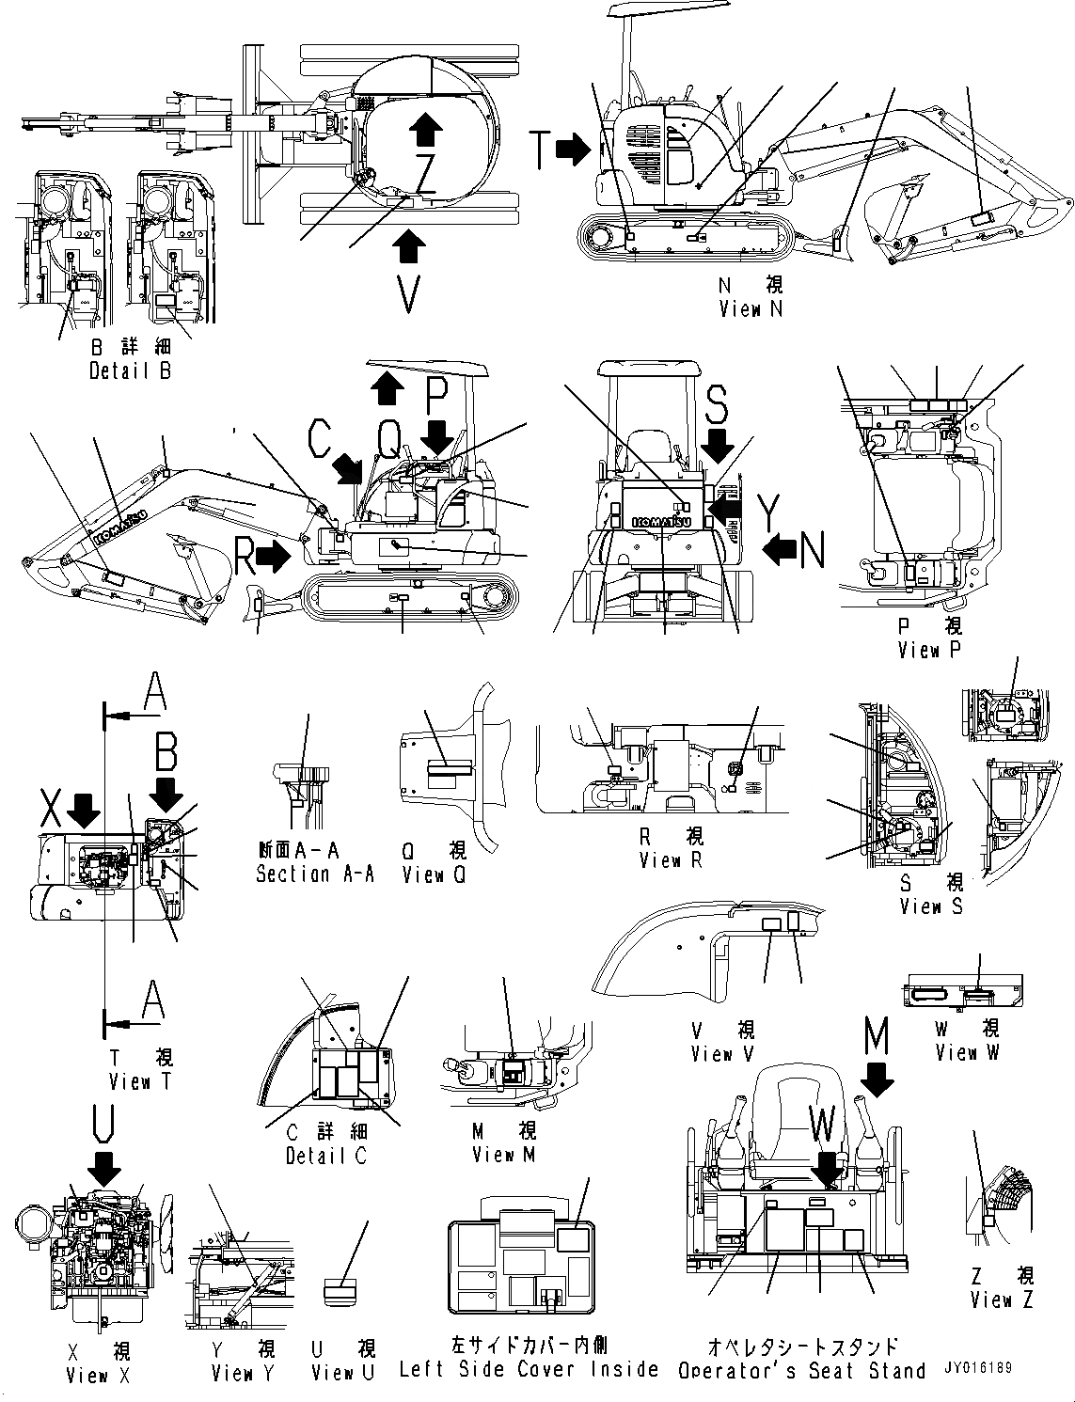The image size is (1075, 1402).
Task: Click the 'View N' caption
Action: point(750,308)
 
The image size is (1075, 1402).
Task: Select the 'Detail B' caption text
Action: point(130,370)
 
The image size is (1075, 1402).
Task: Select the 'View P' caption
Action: point(928,650)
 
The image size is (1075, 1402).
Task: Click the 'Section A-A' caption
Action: point(314,874)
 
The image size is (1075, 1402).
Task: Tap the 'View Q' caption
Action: point(434,874)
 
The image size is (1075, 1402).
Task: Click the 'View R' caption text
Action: point(670,859)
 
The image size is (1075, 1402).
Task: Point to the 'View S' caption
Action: point(931,906)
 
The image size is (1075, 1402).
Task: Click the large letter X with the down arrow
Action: point(53,807)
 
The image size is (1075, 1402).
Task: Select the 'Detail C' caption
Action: point(325,1156)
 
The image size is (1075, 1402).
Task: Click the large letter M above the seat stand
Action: point(876,1036)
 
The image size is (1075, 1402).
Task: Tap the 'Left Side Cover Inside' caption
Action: point(528,1369)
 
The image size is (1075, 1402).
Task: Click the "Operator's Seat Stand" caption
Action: point(801,1371)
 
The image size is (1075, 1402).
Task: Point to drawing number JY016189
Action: point(978,1368)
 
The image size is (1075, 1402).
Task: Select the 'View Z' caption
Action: point(1002,1300)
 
